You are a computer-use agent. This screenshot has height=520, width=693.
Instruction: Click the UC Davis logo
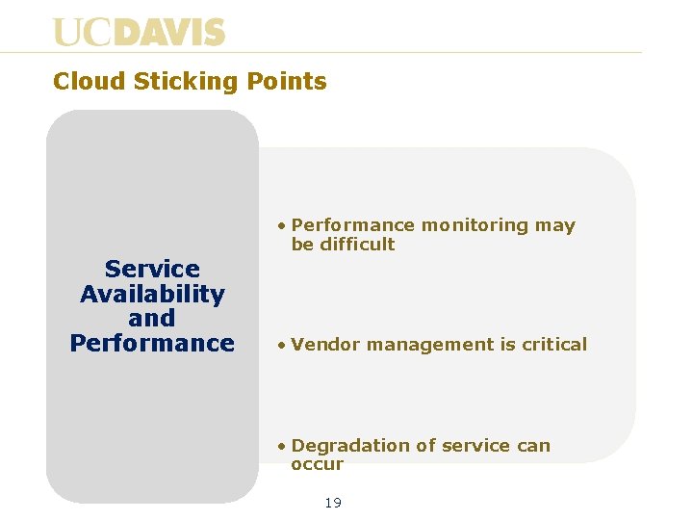[139, 32]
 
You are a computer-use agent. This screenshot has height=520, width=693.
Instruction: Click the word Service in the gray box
[152, 270]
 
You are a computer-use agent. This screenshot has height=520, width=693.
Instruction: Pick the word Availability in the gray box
[152, 294]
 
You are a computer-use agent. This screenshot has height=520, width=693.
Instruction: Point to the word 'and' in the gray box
[152, 319]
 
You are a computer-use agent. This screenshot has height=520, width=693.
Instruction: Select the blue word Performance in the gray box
[152, 344]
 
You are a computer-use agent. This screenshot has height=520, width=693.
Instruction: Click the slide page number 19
[333, 503]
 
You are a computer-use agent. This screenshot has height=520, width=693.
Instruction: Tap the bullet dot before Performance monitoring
[280, 226]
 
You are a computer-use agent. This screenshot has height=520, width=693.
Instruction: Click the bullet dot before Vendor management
[280, 345]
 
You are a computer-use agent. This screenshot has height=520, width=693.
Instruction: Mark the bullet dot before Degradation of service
[280, 446]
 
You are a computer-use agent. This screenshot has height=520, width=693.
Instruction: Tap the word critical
[554, 345]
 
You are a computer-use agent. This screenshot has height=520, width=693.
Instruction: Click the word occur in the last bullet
[317, 464]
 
